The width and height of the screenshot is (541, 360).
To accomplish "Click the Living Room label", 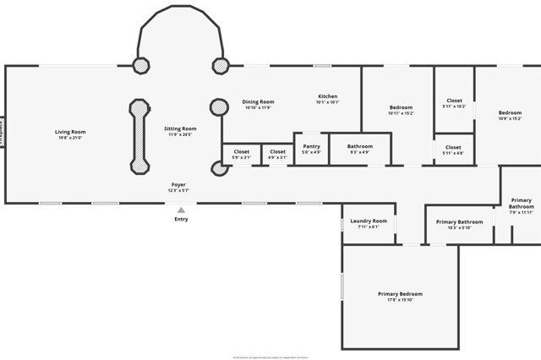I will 70,132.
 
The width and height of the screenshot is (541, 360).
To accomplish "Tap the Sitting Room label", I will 180,128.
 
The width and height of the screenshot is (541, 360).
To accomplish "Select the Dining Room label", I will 258,101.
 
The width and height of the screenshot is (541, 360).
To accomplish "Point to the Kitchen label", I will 328,96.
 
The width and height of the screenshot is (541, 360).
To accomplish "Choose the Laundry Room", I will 369,223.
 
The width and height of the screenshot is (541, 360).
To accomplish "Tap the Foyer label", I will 179,184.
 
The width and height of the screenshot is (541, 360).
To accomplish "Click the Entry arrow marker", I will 181,210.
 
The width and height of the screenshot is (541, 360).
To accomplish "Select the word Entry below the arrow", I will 181,220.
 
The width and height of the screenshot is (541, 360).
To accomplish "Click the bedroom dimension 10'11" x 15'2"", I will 401,112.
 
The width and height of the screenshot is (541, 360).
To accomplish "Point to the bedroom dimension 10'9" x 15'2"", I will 510,118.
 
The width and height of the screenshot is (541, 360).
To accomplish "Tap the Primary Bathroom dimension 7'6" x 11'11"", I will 522,212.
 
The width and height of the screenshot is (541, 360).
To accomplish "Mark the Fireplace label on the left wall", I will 3,132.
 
